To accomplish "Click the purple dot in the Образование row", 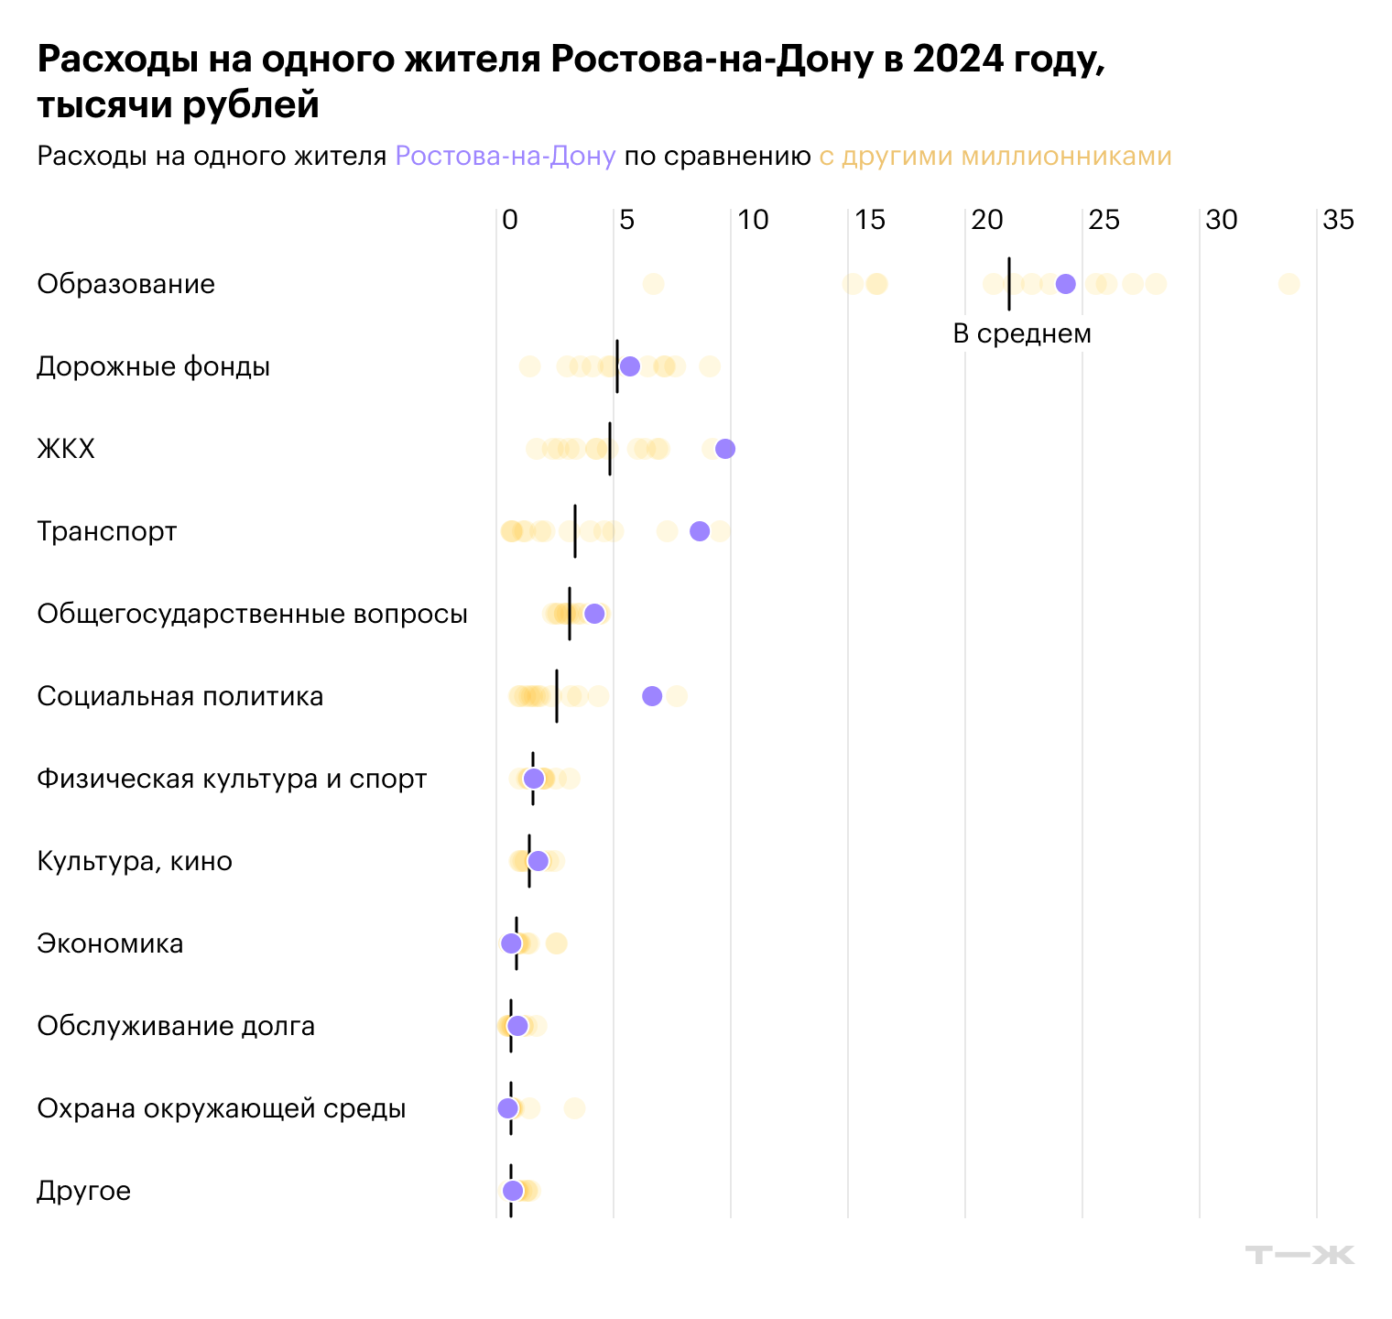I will pyautogui.click(x=1065, y=284).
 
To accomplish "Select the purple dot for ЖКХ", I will pyautogui.click(x=725, y=449).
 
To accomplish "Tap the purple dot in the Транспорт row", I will pyautogui.click(x=700, y=531).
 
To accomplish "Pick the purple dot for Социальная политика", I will pyautogui.click(x=652, y=696).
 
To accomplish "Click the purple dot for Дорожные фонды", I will pyautogui.click(x=630, y=366).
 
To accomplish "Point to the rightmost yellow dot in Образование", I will pyautogui.click(x=1289, y=284).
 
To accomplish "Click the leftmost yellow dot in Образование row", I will pyautogui.click(x=653, y=284).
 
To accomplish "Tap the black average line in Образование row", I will pyautogui.click(x=1008, y=284).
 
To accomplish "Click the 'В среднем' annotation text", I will pyautogui.click(x=1022, y=333).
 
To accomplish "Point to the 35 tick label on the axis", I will pyautogui.click(x=1338, y=220).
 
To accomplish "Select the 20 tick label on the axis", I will pyautogui.click(x=986, y=220).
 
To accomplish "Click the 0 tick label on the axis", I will pyautogui.click(x=510, y=220).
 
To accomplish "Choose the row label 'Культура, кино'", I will pyautogui.click(x=135, y=861).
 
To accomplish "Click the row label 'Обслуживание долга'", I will pyautogui.click(x=176, y=1026).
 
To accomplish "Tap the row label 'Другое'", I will pyautogui.click(x=83, y=1191).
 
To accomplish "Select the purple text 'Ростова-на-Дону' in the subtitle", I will pyautogui.click(x=505, y=157).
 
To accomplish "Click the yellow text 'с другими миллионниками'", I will pyautogui.click(x=995, y=157).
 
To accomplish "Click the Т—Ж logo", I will pyautogui.click(x=1300, y=1255).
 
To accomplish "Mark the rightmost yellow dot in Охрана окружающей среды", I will pyautogui.click(x=574, y=1108).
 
